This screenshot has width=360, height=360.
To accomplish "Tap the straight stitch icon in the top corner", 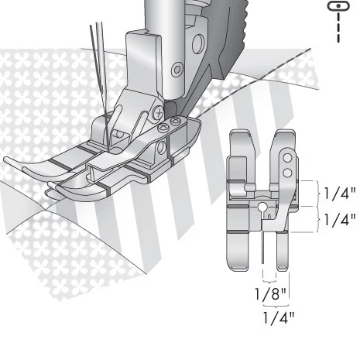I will coord(338,6).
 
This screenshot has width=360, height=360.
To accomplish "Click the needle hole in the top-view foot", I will coord(263,207).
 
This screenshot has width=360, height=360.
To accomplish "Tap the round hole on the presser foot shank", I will coord(177,70).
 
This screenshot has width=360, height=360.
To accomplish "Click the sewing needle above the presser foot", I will coord(97,62).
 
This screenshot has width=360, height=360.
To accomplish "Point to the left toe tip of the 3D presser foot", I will coord(9,159).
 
